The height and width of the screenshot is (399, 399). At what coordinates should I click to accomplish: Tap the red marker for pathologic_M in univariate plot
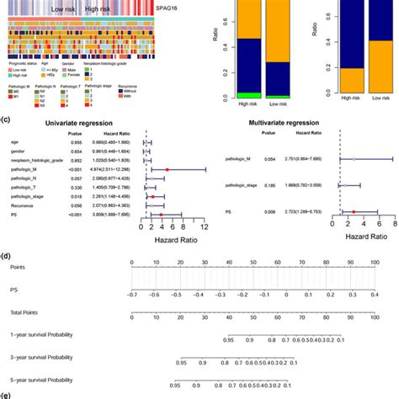(168, 170)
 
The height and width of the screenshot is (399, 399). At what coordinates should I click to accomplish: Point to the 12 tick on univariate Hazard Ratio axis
(205, 227)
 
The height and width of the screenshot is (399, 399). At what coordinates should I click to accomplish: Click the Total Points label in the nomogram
(24, 315)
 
